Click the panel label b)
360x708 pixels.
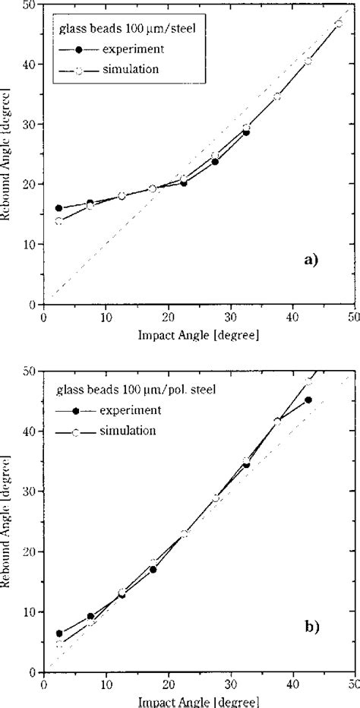pos(311,627)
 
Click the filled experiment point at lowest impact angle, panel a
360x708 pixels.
pos(59,208)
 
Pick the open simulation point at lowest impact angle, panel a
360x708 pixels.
pos(59,221)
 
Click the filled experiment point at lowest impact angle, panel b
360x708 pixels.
pos(59,634)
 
